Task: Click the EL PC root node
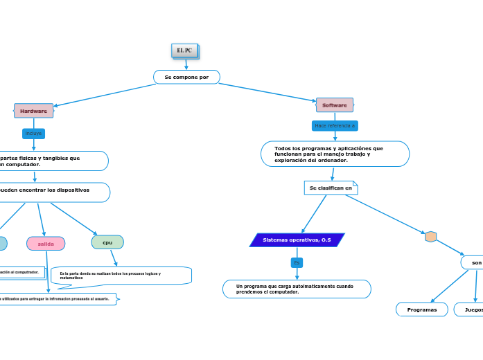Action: [x=185, y=51]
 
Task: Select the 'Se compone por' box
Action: [x=186, y=77]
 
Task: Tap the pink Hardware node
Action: [x=33, y=111]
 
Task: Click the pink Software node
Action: [x=335, y=105]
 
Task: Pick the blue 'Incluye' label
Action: [x=33, y=133]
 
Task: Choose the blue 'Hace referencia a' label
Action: [x=335, y=126]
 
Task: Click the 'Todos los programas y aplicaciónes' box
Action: [x=335, y=154]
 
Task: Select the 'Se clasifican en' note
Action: [x=331, y=188]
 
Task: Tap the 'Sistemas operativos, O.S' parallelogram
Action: [x=297, y=240]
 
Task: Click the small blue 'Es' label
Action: [x=297, y=262]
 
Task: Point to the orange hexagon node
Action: [x=430, y=237]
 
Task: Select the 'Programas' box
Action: [x=422, y=309]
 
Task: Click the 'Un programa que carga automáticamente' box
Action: [x=297, y=289]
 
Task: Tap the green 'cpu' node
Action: [x=107, y=242]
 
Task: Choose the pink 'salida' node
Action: [x=46, y=244]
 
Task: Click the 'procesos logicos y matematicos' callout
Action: [x=121, y=276]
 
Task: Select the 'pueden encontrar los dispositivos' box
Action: [x=52, y=192]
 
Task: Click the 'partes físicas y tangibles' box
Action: [x=52, y=161]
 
